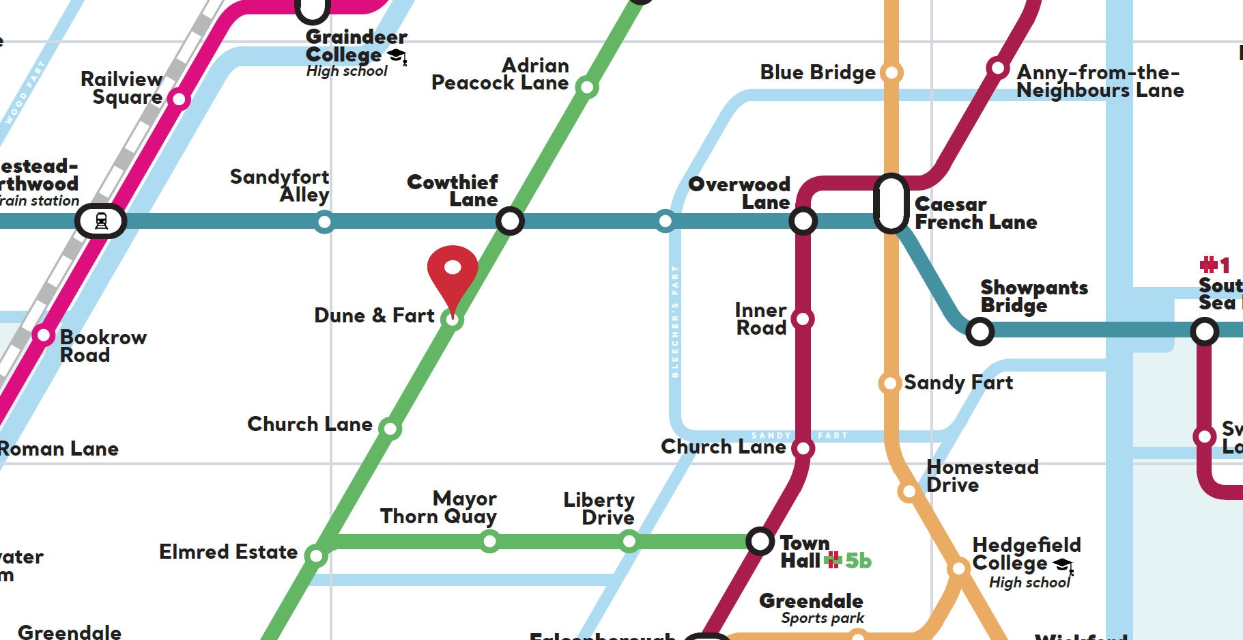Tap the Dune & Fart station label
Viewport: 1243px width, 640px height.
pos(374,316)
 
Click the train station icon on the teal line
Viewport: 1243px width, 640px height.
pos(101,221)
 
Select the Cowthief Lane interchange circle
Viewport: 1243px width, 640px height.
pos(510,221)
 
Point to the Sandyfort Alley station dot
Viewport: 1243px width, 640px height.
pos(324,221)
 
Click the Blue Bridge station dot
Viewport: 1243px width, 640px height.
pos(891,72)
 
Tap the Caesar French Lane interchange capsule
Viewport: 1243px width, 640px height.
pos(891,204)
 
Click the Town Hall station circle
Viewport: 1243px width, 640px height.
pos(760,541)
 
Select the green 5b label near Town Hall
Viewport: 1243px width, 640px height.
pos(858,561)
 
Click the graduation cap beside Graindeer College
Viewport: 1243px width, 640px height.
pos(397,55)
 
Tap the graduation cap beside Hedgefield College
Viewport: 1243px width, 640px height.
pos(1062,565)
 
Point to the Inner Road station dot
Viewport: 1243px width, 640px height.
pos(803,319)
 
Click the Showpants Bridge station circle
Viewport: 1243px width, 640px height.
pos(980,332)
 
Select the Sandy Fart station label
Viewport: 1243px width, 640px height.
pos(958,382)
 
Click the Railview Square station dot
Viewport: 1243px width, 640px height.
pos(179,99)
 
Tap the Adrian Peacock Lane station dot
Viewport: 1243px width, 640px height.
pos(586,87)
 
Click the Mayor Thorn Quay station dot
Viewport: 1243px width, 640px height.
pos(489,542)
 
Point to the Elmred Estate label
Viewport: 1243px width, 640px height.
pos(228,552)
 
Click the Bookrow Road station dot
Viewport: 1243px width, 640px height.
pos(44,335)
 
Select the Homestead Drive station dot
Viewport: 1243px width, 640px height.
pos(909,491)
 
